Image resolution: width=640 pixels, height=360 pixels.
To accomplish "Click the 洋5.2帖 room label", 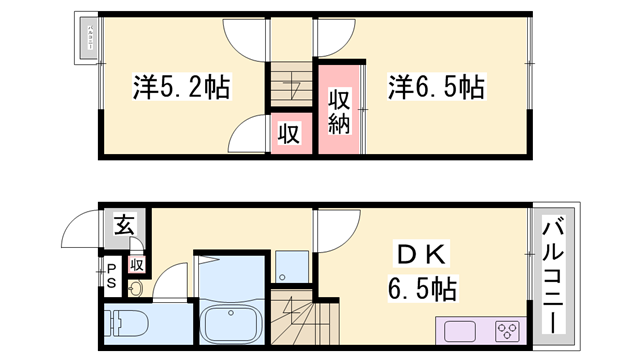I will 181,87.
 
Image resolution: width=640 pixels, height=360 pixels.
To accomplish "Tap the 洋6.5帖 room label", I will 436,87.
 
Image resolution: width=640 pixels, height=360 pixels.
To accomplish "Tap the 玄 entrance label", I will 123,225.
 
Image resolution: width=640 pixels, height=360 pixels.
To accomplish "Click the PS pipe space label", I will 112,276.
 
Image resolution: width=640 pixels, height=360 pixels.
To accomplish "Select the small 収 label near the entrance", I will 137,264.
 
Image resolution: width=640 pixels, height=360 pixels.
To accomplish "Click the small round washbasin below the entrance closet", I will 135,290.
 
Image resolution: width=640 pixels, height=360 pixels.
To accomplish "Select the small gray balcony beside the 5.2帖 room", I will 88,39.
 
